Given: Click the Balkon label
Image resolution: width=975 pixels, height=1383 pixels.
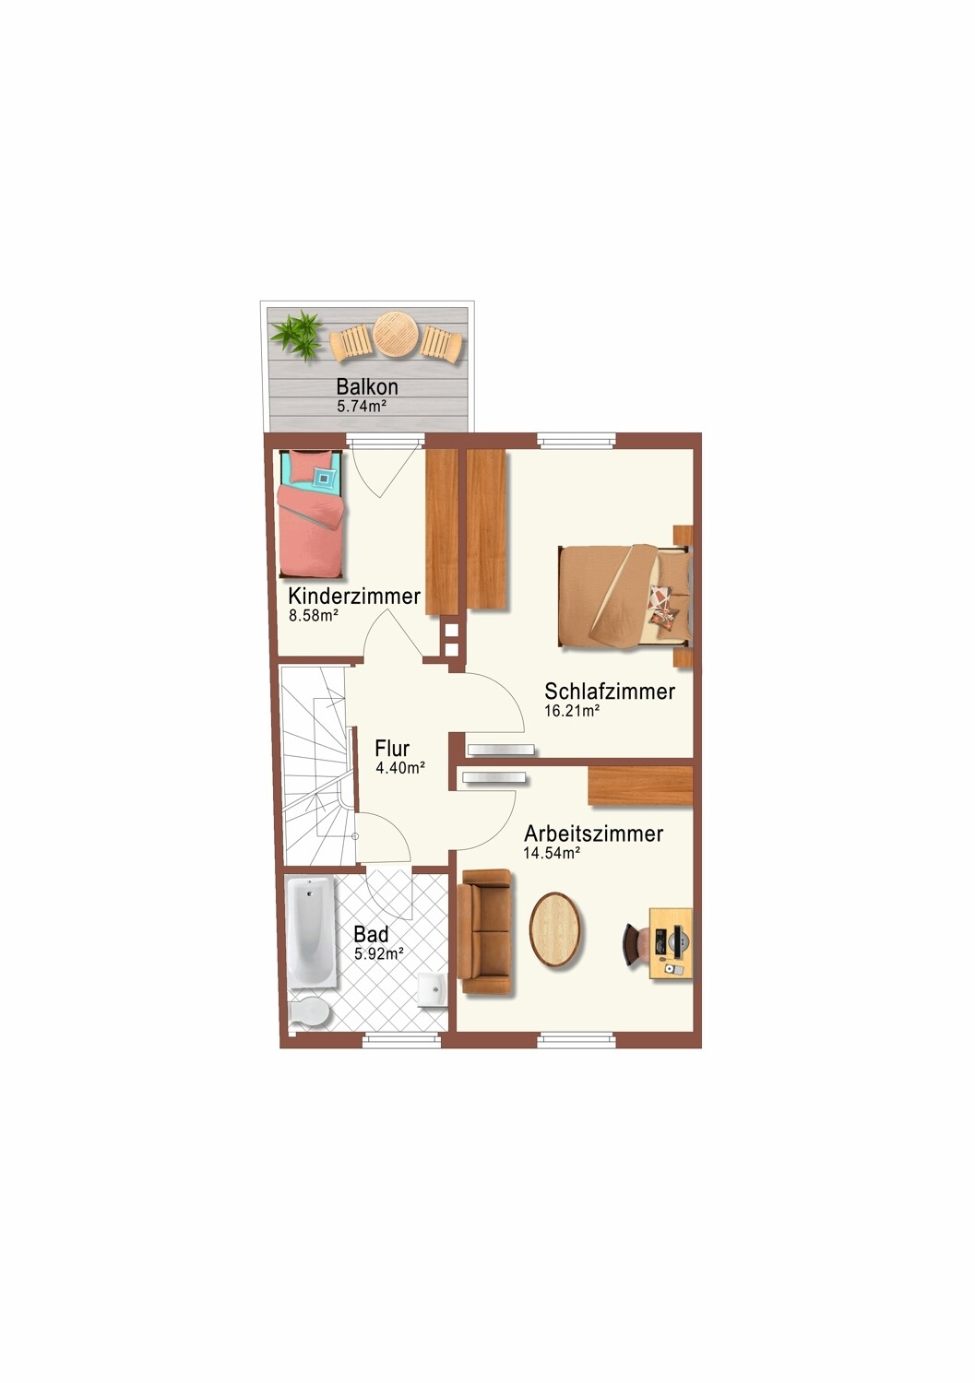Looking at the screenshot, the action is pyautogui.click(x=367, y=387).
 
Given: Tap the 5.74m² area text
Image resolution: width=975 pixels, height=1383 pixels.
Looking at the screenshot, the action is pyautogui.click(x=362, y=406).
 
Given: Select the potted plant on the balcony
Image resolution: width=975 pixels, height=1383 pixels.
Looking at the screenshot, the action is pyautogui.click(x=298, y=335).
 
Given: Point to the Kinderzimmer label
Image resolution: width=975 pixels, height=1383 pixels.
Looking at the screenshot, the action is pyautogui.click(x=354, y=597).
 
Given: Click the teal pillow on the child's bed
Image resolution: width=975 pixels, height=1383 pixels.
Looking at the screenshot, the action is pyautogui.click(x=326, y=476).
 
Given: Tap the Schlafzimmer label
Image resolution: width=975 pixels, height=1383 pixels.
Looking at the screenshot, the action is pyautogui.click(x=609, y=691).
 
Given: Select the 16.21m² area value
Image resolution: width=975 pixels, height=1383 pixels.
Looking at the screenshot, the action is pyautogui.click(x=572, y=710).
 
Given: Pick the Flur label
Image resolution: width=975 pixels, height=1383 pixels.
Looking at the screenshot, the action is pyautogui.click(x=392, y=749).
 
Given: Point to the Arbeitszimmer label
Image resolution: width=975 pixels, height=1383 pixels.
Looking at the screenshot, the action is pyautogui.click(x=593, y=833).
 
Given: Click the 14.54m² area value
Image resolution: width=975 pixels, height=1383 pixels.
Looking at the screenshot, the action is pyautogui.click(x=552, y=853).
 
